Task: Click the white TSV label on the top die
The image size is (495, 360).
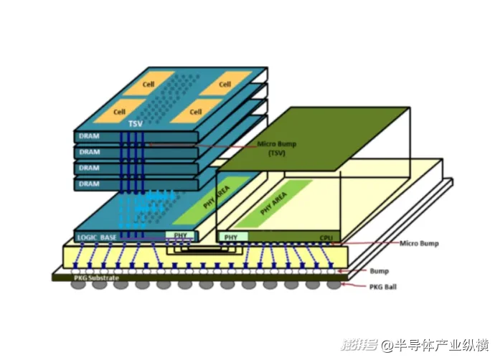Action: [135, 124]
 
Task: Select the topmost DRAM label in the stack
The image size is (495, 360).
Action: [89, 136]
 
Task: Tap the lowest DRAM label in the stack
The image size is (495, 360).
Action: [89, 184]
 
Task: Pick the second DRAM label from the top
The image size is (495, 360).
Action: [89, 152]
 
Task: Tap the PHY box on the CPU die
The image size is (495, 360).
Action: [231, 236]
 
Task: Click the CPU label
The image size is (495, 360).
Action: [327, 237]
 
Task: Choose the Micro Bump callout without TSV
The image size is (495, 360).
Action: [418, 243]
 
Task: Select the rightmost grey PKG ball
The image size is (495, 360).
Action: [334, 285]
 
